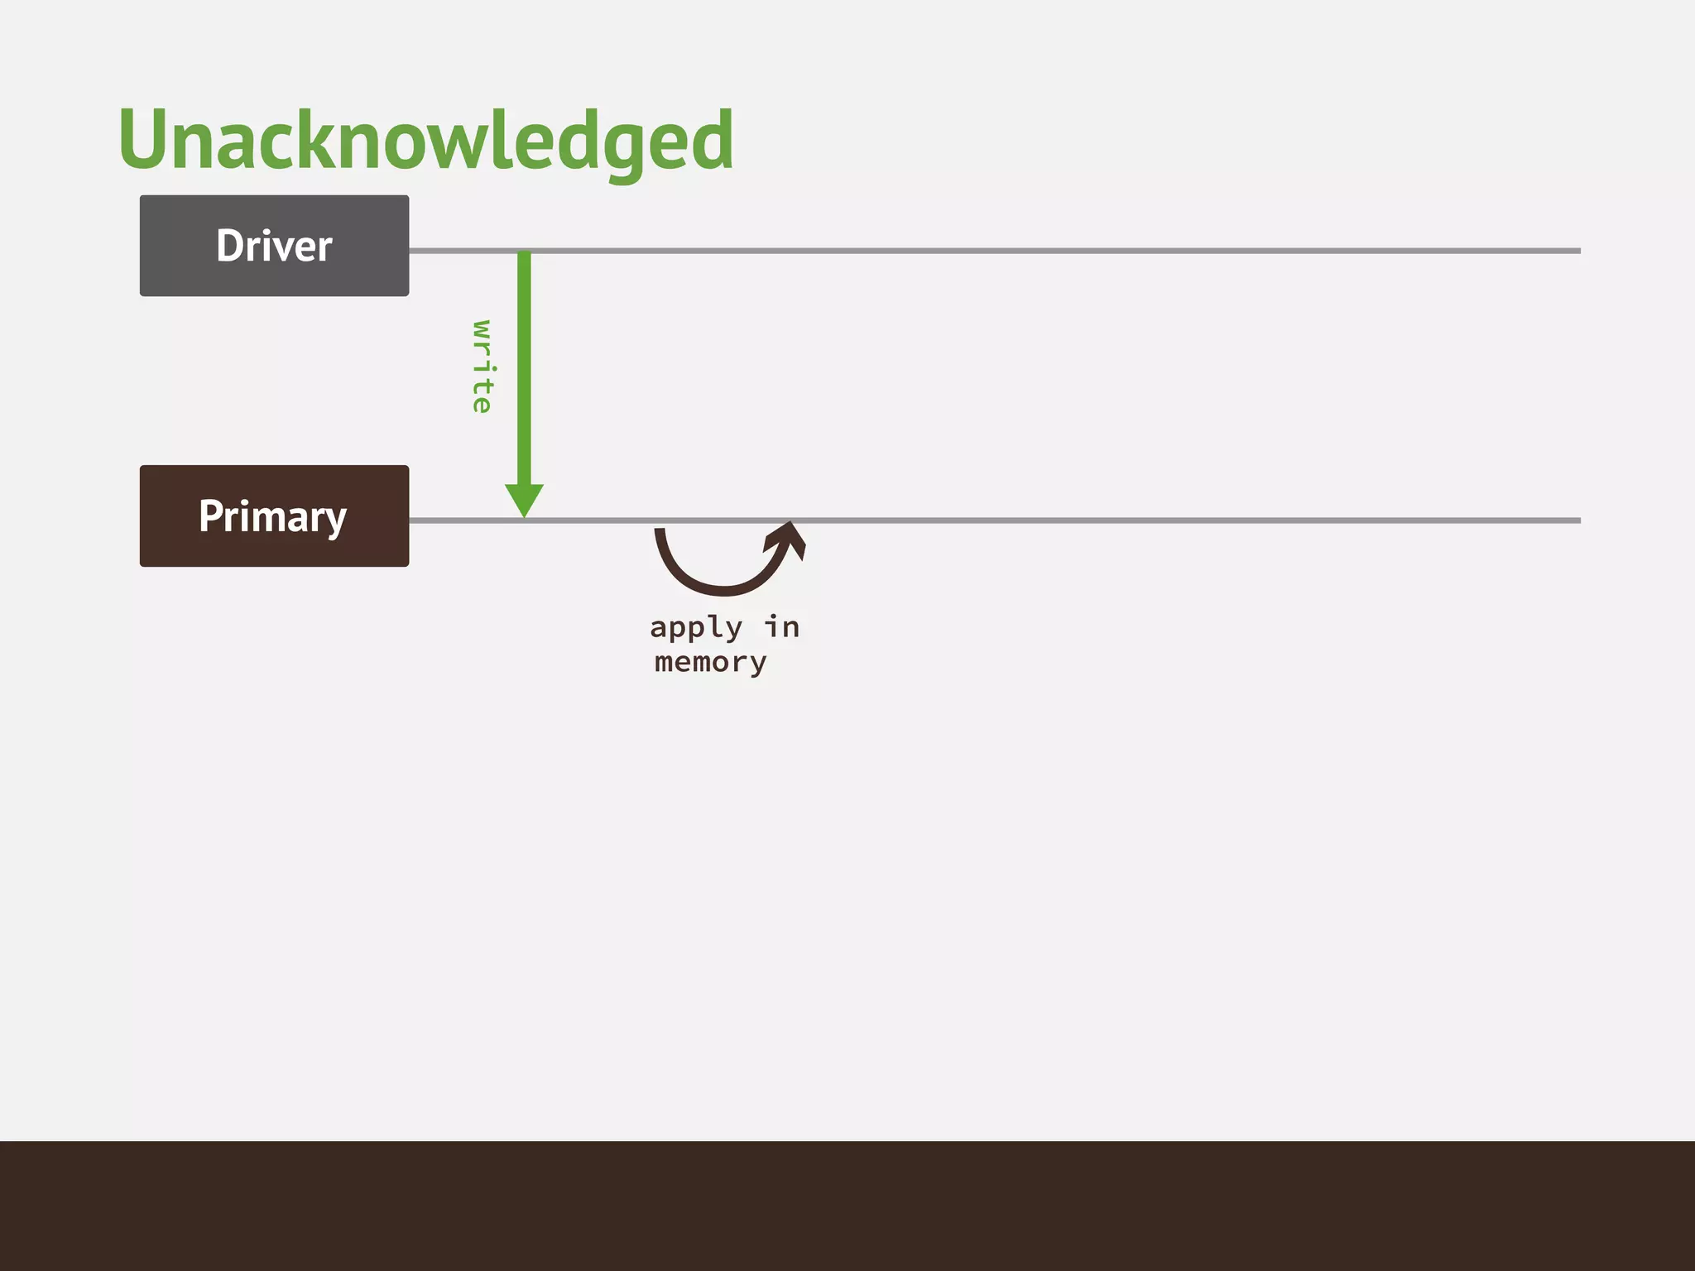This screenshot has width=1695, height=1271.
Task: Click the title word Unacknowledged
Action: [425, 141]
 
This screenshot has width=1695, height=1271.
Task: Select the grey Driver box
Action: [274, 246]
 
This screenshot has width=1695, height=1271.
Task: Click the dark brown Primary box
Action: [274, 516]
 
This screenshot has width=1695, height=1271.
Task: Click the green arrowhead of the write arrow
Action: [524, 499]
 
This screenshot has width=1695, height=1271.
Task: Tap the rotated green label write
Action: [482, 367]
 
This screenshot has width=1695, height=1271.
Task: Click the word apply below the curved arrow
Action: [695, 628]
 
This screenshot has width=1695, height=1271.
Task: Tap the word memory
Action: [710, 663]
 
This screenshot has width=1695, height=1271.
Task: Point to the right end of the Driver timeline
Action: [1577, 251]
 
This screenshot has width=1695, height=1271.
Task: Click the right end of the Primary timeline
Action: [1577, 520]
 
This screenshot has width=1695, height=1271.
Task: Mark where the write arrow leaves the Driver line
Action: [524, 252]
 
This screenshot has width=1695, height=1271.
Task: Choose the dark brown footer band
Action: [847, 1206]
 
